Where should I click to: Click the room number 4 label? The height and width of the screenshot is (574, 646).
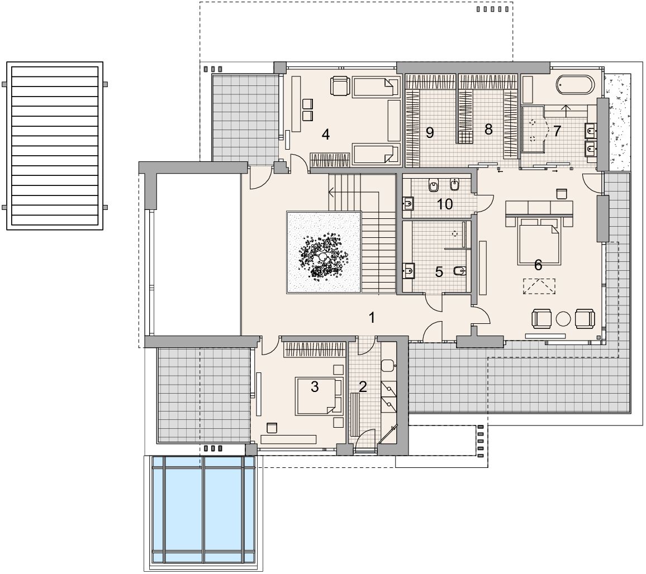326,135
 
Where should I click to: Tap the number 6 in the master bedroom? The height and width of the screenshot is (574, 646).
538,265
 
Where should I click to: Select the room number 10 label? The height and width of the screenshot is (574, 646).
445,204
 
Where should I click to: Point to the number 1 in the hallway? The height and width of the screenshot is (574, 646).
372,318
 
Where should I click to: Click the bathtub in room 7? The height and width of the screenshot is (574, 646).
576,86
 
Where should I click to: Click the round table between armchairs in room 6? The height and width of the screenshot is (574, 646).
563,319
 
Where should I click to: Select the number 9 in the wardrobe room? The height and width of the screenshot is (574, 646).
430,132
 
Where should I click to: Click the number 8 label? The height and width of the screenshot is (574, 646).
488,130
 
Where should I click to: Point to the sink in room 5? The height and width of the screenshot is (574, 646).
408,271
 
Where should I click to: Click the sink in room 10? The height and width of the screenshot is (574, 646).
408,203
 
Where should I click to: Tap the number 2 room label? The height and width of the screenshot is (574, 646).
363,386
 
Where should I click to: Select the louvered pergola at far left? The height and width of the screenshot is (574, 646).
55,146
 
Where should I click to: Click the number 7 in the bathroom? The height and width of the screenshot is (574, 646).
557,131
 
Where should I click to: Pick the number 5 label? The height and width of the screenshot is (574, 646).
439,272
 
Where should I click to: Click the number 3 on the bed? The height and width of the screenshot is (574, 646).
315,386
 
